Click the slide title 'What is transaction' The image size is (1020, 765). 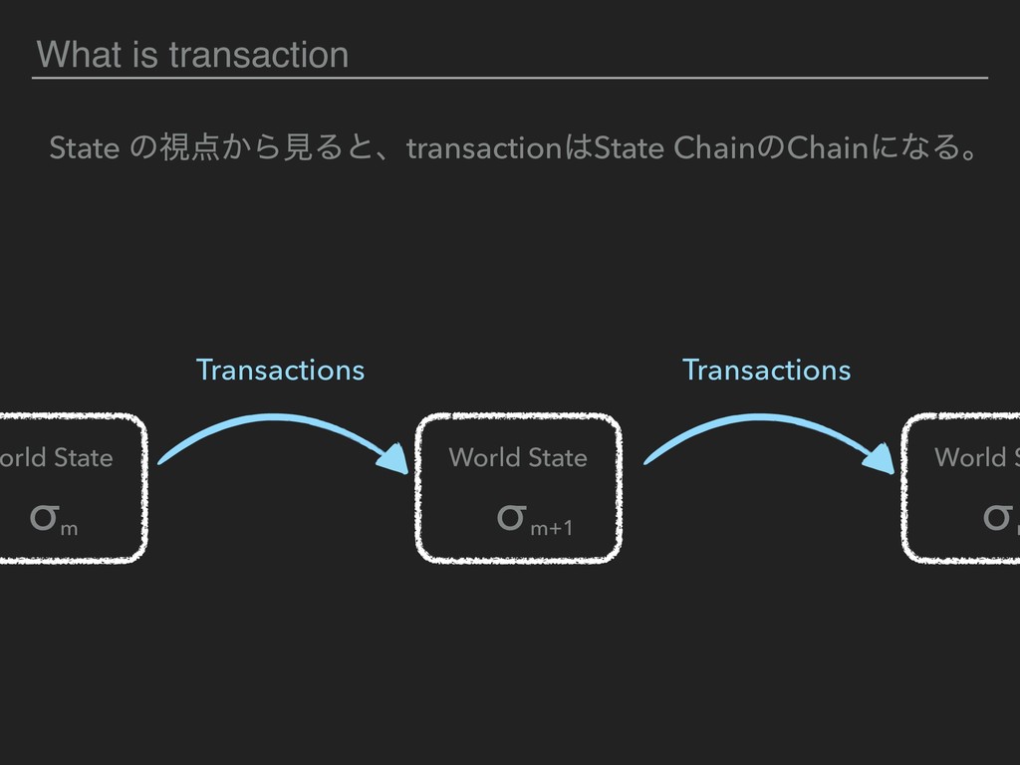click(x=191, y=55)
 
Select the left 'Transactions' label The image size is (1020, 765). click(x=280, y=371)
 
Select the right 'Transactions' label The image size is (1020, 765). click(x=766, y=371)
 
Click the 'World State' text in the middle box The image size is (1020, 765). click(x=518, y=458)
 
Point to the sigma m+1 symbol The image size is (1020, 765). click(x=510, y=516)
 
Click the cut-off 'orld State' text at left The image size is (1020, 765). click(x=57, y=458)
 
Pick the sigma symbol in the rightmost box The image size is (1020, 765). click(x=995, y=516)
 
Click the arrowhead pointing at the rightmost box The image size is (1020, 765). click(x=883, y=459)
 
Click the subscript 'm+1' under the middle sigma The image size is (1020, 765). click(x=551, y=526)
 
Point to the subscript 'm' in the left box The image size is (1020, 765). click(x=69, y=526)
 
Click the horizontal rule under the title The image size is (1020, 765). click(x=510, y=77)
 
